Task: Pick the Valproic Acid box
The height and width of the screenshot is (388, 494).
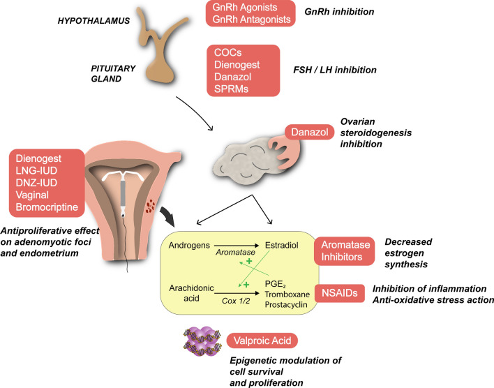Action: coord(262,341)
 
